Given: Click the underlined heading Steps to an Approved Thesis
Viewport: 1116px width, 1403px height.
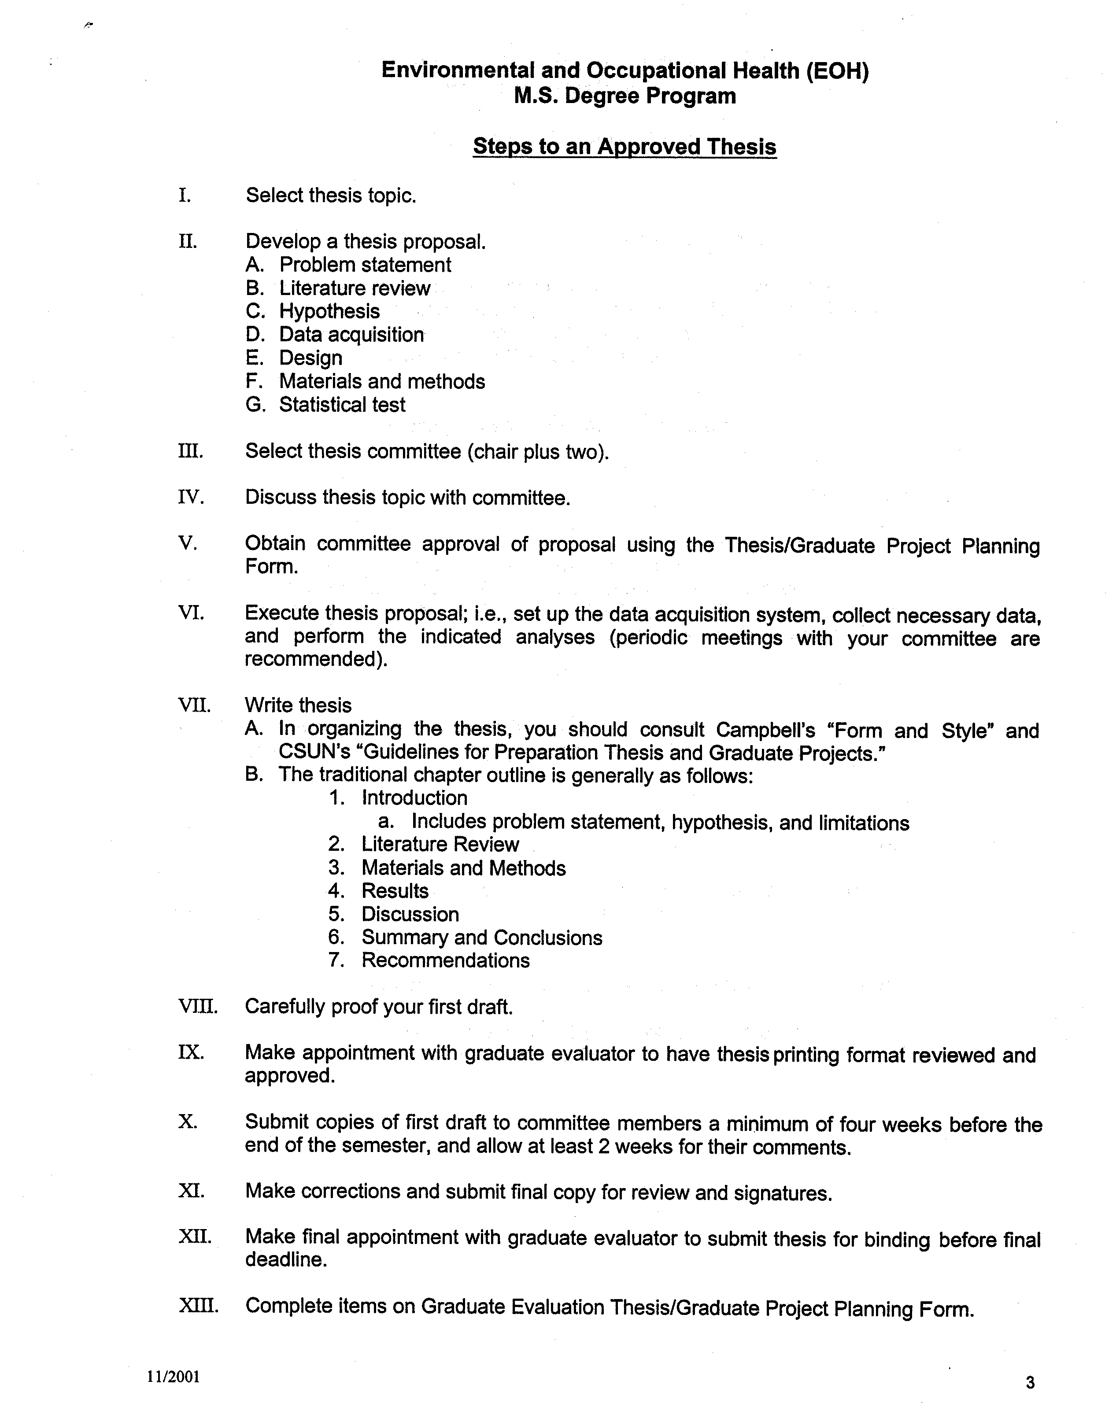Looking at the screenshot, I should coord(624,146).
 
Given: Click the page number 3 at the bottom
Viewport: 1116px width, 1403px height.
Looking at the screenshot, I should coord(1029,1382).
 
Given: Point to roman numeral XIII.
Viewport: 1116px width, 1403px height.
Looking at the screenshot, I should coord(198,1305).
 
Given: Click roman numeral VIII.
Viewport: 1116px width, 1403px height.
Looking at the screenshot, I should coord(198,1007).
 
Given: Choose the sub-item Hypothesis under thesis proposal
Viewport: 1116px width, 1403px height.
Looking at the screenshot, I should coord(329,311).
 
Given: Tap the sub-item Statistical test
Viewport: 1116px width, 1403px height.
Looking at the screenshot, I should coord(342,404).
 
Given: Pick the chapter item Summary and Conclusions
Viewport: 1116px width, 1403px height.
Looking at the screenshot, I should coord(481,937).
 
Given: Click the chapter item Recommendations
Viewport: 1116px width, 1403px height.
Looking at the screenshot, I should coord(446,960).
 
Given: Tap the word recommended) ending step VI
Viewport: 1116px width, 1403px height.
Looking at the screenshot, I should coord(316,659).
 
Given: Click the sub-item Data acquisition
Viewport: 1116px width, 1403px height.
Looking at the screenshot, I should coord(351,335).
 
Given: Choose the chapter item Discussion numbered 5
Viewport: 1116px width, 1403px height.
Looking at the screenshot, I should coord(410,914).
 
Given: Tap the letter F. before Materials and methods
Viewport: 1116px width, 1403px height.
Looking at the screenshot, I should coord(254,381).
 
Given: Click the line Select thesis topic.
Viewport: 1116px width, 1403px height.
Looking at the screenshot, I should coord(331,195).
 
